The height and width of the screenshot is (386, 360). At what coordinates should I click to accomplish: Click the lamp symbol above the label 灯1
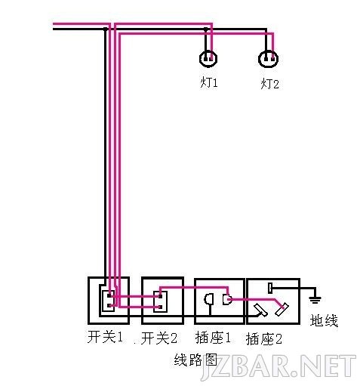208,59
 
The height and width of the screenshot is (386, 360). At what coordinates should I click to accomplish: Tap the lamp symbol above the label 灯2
268,59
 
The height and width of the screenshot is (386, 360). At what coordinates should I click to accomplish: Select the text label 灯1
209,82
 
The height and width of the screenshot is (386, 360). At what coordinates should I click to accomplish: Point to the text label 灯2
269,84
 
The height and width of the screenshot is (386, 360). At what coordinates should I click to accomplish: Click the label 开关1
105,337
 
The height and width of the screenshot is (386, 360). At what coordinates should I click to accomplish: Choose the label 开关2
159,338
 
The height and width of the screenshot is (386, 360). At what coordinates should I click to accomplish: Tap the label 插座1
213,338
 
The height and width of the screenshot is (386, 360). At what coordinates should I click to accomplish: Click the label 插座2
263,339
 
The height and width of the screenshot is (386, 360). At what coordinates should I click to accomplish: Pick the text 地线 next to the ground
324,320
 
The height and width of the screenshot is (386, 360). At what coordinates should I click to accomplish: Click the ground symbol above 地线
315,300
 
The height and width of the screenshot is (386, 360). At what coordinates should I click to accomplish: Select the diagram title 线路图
195,360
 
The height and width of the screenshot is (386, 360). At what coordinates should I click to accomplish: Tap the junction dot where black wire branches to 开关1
106,29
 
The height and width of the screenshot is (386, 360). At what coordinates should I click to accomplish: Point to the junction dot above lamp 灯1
206,29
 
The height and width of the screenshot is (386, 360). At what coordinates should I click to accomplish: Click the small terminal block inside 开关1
108,301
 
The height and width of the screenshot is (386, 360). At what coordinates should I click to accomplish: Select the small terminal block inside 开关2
161,301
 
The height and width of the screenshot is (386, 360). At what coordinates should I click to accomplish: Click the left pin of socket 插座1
209,299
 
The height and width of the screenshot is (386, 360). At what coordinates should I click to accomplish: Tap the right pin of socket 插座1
227,299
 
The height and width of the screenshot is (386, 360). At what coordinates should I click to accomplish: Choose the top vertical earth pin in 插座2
270,288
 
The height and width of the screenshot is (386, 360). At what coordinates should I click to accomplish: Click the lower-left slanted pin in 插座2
261,310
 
